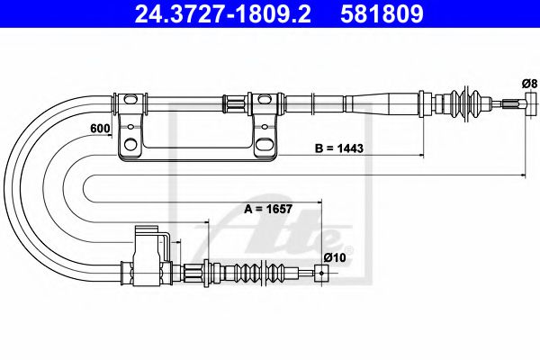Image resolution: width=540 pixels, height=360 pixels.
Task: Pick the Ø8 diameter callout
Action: click(529, 85)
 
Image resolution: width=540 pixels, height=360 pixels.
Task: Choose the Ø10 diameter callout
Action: click(335, 258)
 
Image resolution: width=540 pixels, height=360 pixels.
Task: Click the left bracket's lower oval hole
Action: click(131, 144)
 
